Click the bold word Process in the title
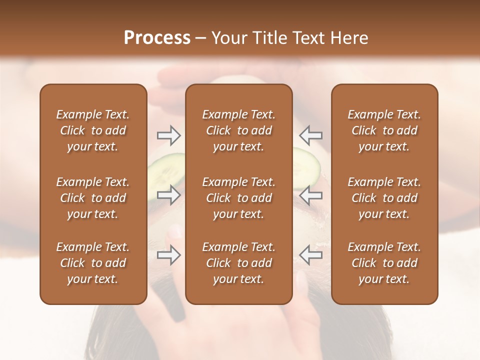click(x=157, y=38)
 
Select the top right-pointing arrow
click(x=168, y=135)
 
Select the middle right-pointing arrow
click(x=168, y=195)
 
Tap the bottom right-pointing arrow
click(x=168, y=255)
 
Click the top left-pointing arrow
click(x=311, y=135)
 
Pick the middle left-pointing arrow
click(x=311, y=195)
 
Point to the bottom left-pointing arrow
click(x=311, y=255)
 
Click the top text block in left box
click(x=93, y=130)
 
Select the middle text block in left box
click(x=93, y=198)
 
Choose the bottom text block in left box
click(x=93, y=263)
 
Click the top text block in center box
click(x=238, y=130)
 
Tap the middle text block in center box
click(x=238, y=198)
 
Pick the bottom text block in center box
click(x=238, y=263)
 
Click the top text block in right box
click(x=384, y=130)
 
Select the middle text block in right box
click(x=384, y=198)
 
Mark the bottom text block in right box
click(x=384, y=263)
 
